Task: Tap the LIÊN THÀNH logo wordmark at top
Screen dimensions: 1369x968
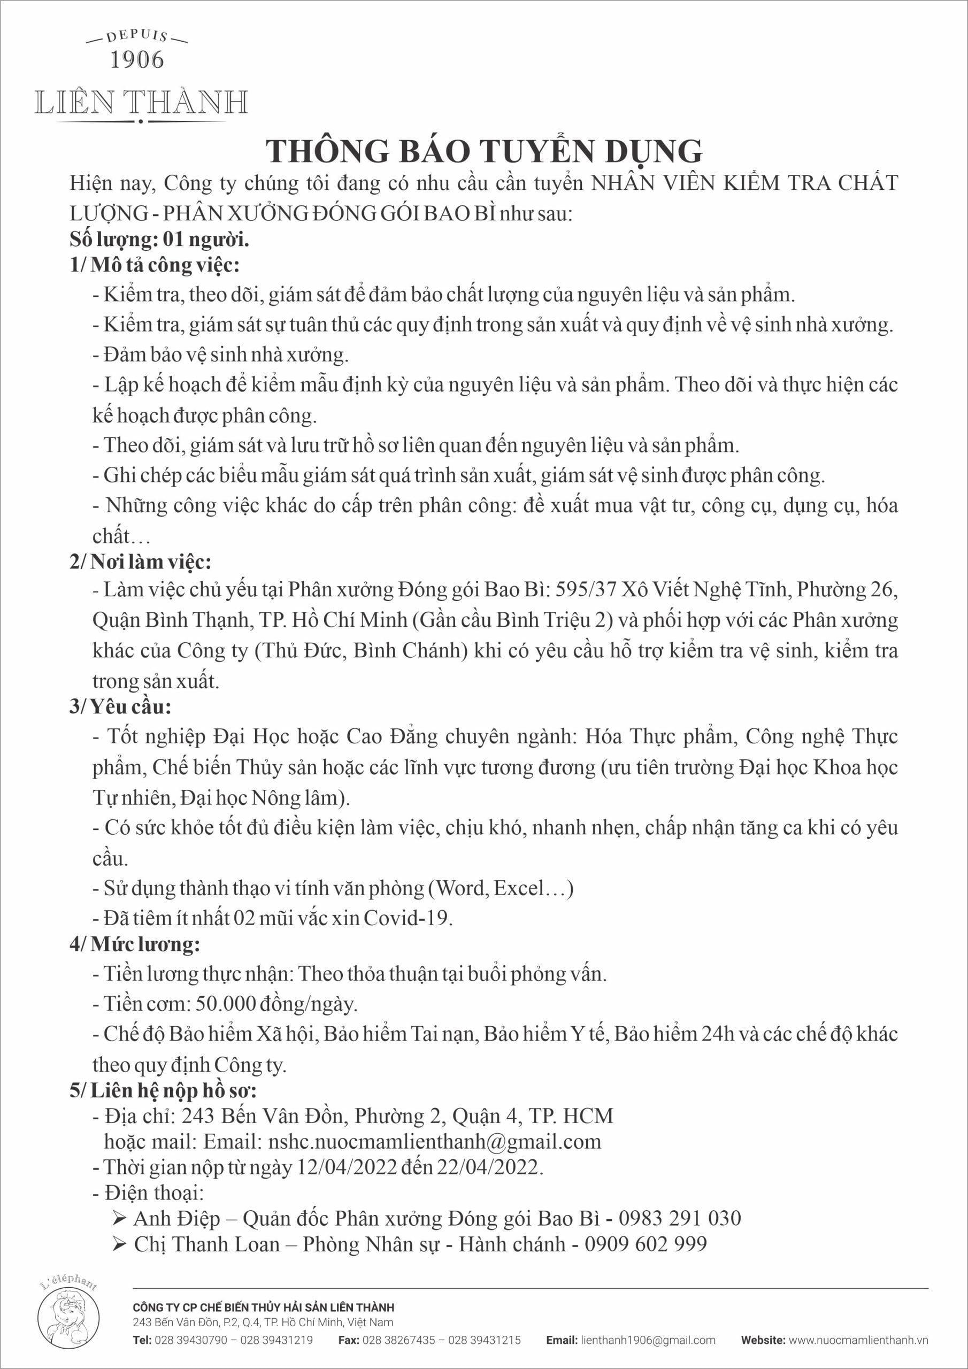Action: tap(141, 103)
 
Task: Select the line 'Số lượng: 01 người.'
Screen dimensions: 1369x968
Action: tap(159, 240)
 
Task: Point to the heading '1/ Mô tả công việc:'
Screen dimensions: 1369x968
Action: tap(155, 265)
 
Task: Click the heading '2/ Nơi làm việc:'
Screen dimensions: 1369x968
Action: tap(140, 562)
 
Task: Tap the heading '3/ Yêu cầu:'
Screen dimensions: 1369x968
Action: tap(121, 707)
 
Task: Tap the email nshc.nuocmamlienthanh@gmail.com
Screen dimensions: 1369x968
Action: tap(435, 1141)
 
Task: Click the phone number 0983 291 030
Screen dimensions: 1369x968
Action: tap(679, 1218)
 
